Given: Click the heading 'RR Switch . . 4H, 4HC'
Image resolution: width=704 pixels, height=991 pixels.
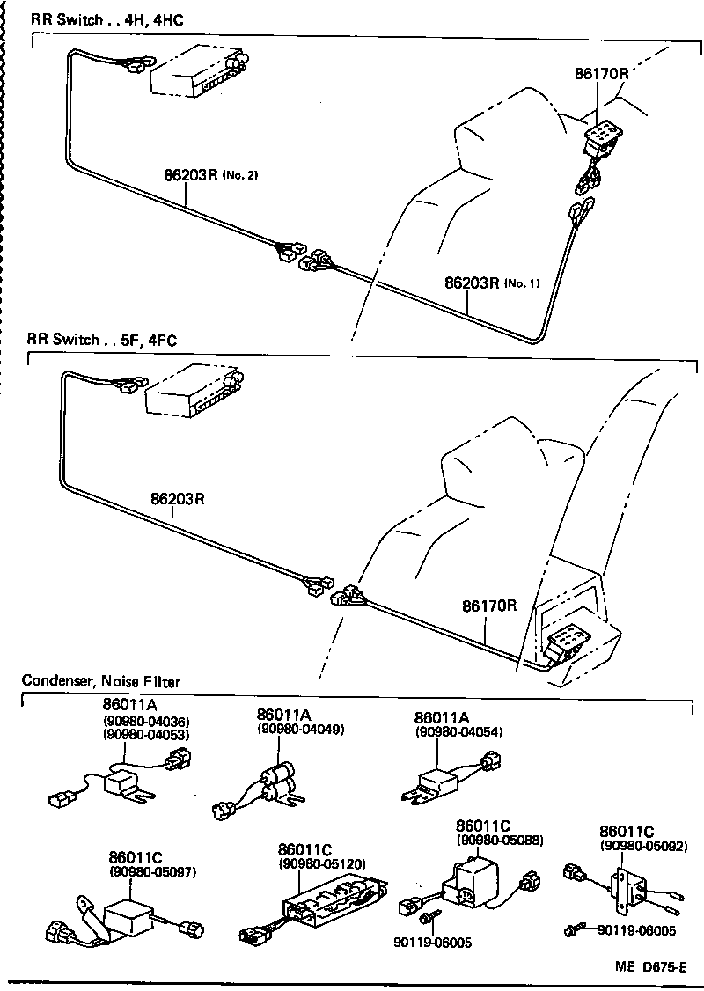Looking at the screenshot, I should pos(106,18).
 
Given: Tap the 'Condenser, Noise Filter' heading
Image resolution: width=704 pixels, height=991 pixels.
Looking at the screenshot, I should pos(101,680).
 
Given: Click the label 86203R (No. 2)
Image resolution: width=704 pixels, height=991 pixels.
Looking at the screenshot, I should pos(210,174).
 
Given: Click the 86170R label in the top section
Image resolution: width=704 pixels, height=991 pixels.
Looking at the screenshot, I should pos(602,75).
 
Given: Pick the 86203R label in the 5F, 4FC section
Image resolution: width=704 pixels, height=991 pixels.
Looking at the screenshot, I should pos(178,498).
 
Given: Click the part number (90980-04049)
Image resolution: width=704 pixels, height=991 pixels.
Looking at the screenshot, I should pos(300,730).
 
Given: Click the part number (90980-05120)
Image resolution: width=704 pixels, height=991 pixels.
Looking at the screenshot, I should pos(321,864).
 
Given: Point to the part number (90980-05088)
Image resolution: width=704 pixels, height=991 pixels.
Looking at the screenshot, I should pos(499,841).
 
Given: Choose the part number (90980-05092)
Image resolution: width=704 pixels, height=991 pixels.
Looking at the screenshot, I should pos(643,846).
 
